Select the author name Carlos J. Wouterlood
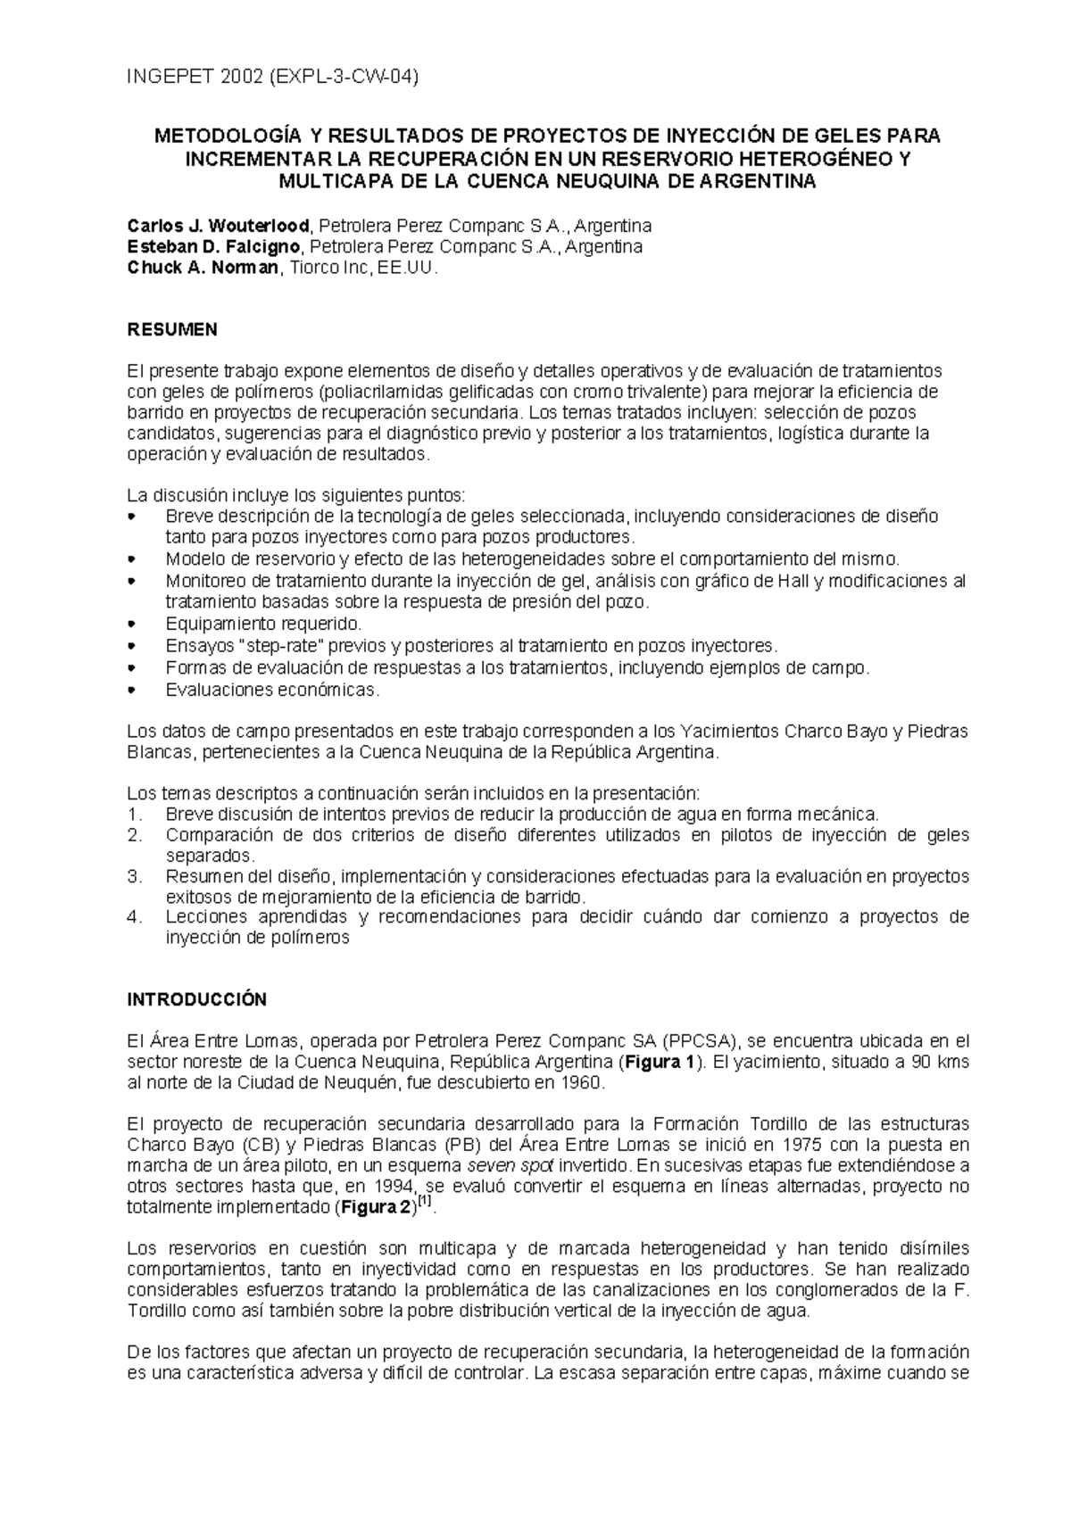click(x=219, y=224)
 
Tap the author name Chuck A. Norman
click(x=203, y=268)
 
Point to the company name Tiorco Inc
click(x=319, y=268)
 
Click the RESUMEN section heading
click(x=172, y=330)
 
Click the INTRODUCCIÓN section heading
click(x=196, y=999)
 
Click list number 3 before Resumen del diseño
click(x=134, y=876)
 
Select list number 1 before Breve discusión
click(x=134, y=814)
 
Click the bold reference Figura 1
click(x=660, y=1063)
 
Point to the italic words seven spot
click(x=511, y=1166)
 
